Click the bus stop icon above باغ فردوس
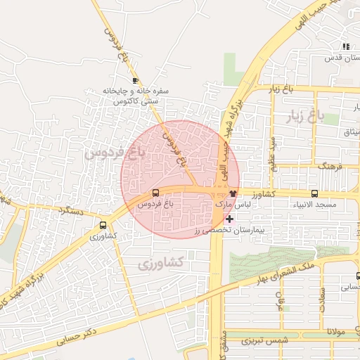(155, 192)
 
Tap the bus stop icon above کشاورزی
(103, 226)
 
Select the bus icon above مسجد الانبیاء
(314, 193)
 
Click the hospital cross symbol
(229, 219)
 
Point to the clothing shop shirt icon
(233, 193)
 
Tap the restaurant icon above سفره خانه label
(135, 80)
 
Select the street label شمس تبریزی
(262, 341)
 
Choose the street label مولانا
(335, 330)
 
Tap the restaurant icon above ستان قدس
(345, 46)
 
